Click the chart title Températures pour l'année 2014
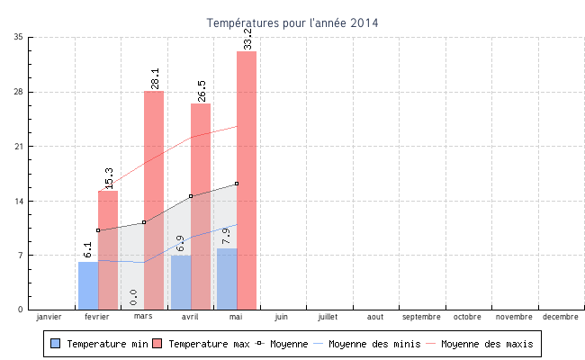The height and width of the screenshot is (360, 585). (x=292, y=22)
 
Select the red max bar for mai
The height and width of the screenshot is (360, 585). (x=247, y=180)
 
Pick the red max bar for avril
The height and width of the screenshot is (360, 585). (x=201, y=206)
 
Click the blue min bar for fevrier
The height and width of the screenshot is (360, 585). (x=88, y=285)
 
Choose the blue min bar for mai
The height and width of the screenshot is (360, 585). (x=227, y=279)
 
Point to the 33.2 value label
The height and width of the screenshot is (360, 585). (x=247, y=39)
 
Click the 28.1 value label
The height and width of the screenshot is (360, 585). (x=155, y=78)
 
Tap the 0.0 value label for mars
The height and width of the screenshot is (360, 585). (x=133, y=298)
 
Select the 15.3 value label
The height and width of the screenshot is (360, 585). (x=109, y=178)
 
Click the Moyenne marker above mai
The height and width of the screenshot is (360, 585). (x=237, y=184)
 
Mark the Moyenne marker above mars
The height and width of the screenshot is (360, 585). (x=144, y=222)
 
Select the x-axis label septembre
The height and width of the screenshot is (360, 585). (x=421, y=317)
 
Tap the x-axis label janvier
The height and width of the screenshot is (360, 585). (x=49, y=317)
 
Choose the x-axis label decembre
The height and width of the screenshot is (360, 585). (x=561, y=317)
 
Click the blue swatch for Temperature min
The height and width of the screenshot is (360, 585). (x=56, y=344)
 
